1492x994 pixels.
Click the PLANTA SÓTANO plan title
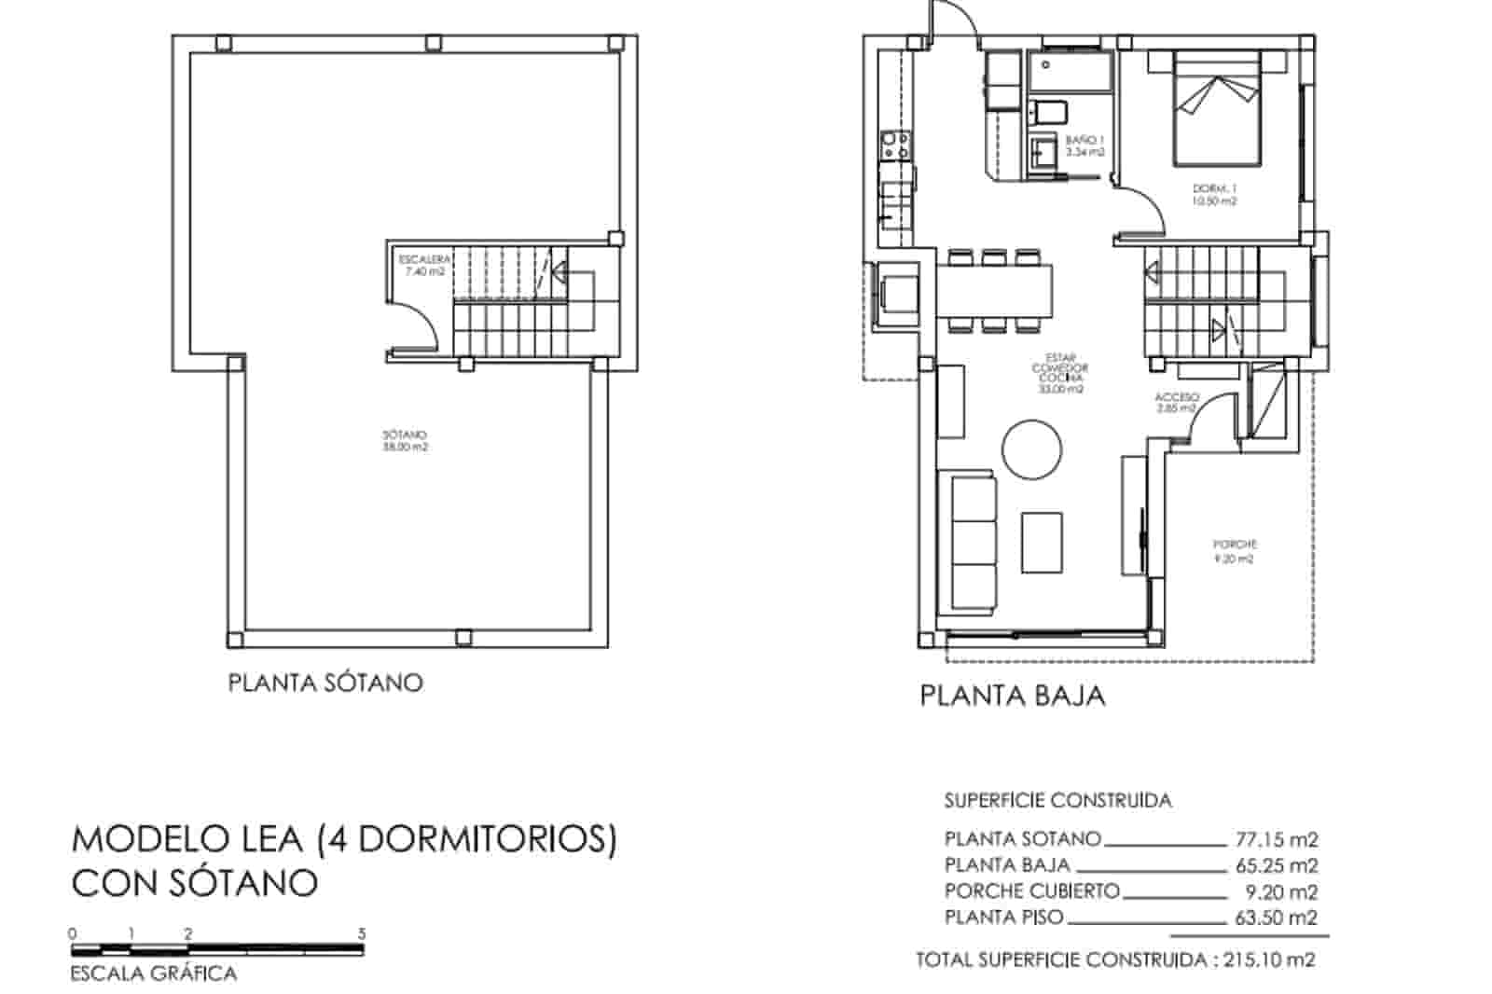[325, 683]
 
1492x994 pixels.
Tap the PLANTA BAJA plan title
[1012, 696]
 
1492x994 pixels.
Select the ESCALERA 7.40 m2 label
[424, 266]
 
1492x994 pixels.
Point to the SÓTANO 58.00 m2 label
[405, 441]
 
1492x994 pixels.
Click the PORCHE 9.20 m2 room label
[1234, 551]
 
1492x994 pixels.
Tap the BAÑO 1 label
[1084, 145]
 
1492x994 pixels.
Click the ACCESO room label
[1176, 402]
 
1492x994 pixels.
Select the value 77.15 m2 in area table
[1276, 839]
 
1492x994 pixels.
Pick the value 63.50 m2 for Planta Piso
[1276, 918]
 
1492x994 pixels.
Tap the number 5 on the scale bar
[362, 933]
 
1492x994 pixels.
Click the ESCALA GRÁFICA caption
[154, 974]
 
